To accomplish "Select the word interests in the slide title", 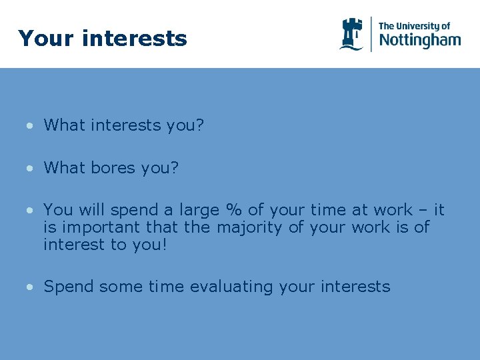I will (x=135, y=39).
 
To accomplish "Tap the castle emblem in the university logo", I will (x=351, y=34).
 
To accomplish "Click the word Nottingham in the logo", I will (x=419, y=40).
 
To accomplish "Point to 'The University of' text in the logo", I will (x=414, y=26).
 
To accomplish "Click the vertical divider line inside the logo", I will (x=371, y=34).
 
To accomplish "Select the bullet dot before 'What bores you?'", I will (x=31, y=169).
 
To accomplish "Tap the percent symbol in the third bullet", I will (x=233, y=210).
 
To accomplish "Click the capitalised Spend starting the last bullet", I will (x=69, y=287).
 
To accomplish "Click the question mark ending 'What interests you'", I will (x=199, y=125).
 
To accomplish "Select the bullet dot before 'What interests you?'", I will (x=31, y=126).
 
